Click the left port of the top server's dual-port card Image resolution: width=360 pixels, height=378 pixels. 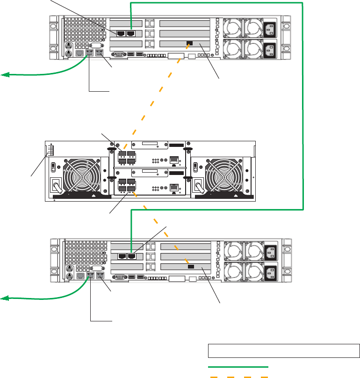point(121,33)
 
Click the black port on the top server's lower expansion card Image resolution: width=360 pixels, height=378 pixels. point(189,43)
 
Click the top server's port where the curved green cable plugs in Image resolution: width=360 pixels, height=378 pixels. point(90,54)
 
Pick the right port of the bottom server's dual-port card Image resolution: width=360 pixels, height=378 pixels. point(131,256)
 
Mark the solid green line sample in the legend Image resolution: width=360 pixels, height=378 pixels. point(238,366)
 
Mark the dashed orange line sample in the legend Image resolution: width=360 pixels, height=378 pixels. point(238,376)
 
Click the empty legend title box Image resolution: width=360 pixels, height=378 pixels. point(284,351)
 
